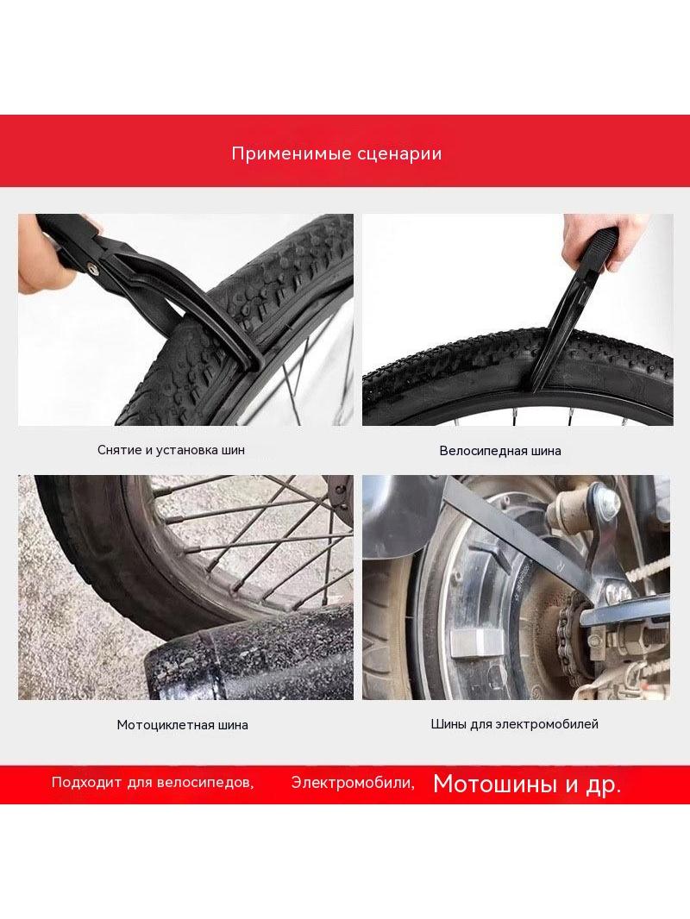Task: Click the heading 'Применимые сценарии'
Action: click(x=336, y=153)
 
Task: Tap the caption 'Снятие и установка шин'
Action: click(x=171, y=450)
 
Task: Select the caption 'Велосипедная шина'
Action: click(x=500, y=451)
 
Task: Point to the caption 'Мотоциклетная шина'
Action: click(x=182, y=725)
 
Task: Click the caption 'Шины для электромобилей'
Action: click(x=515, y=724)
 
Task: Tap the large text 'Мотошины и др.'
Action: click(x=527, y=785)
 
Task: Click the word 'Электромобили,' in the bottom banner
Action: click(x=353, y=783)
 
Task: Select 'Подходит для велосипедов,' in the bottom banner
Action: click(x=153, y=783)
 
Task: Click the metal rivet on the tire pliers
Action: click(x=93, y=268)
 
